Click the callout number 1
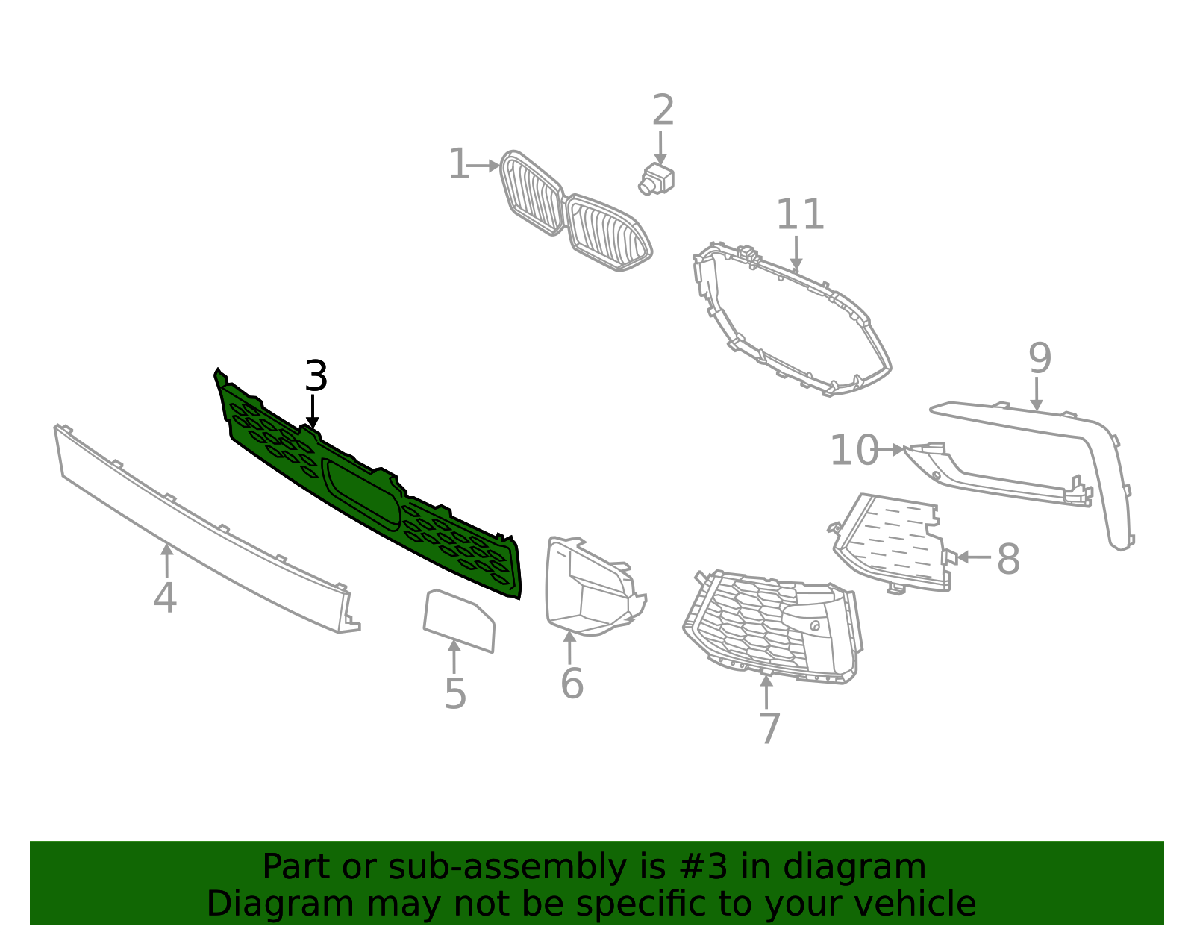[458, 165]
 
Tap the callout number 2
[663, 111]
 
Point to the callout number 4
[165, 598]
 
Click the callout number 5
[455, 695]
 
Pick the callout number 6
[572, 684]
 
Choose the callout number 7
[769, 728]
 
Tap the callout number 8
[1008, 559]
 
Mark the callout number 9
[1040, 359]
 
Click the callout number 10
[854, 451]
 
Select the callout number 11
[800, 216]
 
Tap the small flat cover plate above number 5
[459, 620]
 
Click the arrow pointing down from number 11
[796, 254]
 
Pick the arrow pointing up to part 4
[166, 560]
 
